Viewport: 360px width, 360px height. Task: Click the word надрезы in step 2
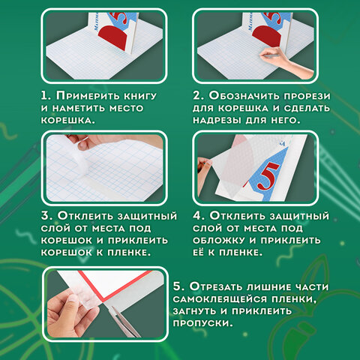[217, 121]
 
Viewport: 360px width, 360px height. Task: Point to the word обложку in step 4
[219, 240]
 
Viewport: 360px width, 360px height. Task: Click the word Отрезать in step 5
[216, 286]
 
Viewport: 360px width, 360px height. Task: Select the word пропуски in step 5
[202, 323]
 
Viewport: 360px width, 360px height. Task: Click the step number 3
[46, 216]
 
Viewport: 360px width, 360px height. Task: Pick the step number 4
[198, 216]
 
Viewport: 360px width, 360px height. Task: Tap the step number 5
[178, 286]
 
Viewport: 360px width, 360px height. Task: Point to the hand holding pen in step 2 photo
[285, 61]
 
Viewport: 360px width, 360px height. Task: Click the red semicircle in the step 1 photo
[114, 37]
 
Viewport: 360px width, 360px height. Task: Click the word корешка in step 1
[68, 120]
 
